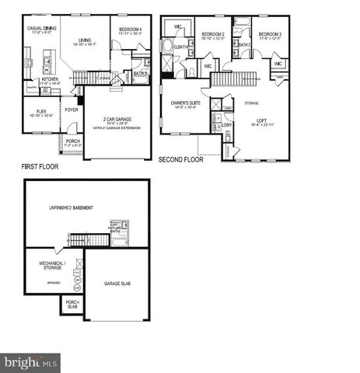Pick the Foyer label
click(71, 110)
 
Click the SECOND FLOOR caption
click(181, 160)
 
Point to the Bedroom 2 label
click(213, 36)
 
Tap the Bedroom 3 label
click(269, 36)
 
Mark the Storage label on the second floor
click(251, 102)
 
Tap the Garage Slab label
click(117, 284)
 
